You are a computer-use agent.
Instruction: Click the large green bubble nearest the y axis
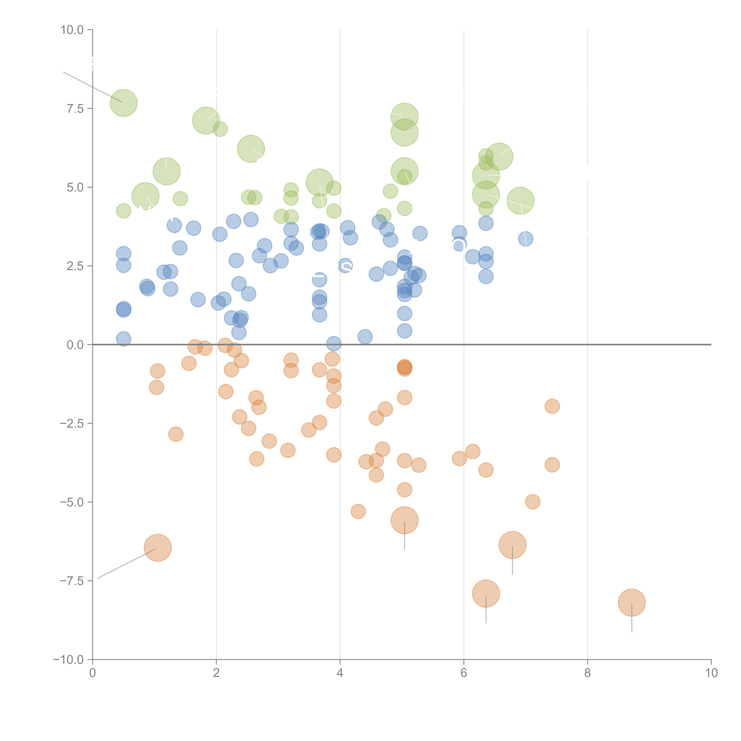pos(123,103)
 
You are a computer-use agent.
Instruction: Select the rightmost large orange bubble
pos(632,603)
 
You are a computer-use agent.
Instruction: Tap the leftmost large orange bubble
pos(158,548)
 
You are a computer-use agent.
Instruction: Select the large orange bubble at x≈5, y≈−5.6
pos(404,520)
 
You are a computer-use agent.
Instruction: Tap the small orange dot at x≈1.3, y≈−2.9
pos(176,434)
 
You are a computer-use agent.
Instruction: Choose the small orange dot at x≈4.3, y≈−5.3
pos(358,511)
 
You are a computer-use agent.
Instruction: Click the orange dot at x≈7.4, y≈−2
pos(552,406)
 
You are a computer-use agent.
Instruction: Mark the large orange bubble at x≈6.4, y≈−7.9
pos(486,593)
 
